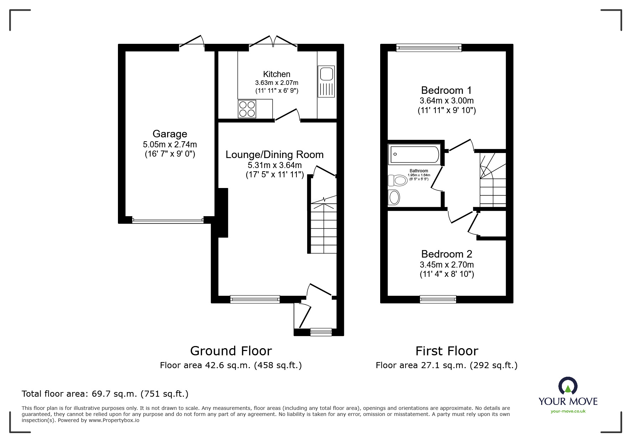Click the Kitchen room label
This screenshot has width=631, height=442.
tap(276, 74)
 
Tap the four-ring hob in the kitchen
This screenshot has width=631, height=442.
tap(247, 109)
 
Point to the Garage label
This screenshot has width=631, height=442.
tap(170, 134)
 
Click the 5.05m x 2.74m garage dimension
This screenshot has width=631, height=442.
tap(170, 144)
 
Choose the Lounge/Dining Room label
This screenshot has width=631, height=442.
tap(274, 154)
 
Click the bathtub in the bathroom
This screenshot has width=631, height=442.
tap(414, 154)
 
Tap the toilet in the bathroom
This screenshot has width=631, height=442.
tap(397, 180)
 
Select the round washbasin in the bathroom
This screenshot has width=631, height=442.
tap(394, 197)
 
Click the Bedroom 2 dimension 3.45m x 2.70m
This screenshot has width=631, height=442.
tap(446, 265)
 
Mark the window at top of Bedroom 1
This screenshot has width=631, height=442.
tap(429, 48)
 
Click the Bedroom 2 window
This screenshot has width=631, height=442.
tap(438, 299)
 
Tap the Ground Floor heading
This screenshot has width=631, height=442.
tap(231, 351)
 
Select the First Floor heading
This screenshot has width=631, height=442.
tap(446, 351)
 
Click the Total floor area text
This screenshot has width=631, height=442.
tap(105, 394)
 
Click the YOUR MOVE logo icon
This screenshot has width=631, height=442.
tap(568, 386)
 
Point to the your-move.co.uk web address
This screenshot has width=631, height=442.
tap(568, 411)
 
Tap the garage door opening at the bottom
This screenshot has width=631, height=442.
tap(168, 221)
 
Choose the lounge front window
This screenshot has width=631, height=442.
tap(255, 299)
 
